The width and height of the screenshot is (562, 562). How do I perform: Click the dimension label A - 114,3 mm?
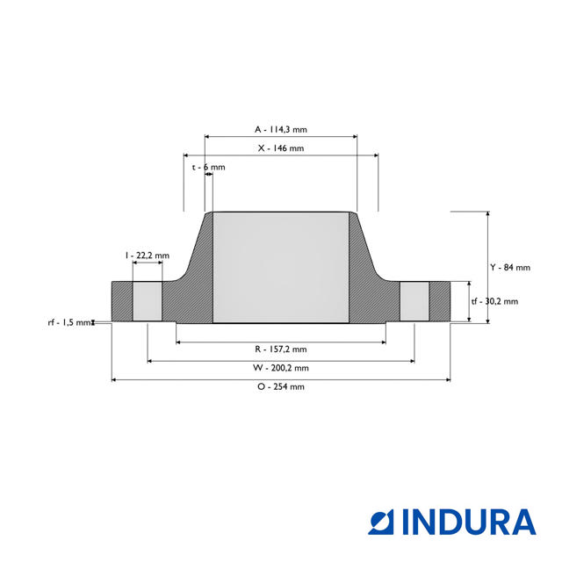tap(280, 129)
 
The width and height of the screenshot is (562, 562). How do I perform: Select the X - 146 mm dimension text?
tap(280, 148)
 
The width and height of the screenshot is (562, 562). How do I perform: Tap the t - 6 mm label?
tap(208, 167)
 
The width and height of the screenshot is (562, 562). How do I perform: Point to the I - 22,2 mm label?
tap(147, 255)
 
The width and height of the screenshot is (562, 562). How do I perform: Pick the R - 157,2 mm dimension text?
tap(280, 349)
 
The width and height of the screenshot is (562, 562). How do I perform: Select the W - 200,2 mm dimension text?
tap(280, 368)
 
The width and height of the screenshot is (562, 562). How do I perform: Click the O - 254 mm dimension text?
tap(280, 387)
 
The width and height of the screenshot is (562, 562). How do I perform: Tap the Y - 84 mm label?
tap(509, 267)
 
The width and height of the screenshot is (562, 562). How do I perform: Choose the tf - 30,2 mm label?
tap(494, 301)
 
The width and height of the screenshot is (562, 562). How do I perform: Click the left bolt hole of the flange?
tap(147, 301)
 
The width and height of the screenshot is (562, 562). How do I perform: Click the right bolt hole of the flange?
tap(414, 301)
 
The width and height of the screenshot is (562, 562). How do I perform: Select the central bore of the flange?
tap(281, 268)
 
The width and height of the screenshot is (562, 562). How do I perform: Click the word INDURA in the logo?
tap(469, 522)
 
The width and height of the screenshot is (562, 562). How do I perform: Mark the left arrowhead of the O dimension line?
tap(114, 379)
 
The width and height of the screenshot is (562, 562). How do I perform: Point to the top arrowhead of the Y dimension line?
tap(487, 214)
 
